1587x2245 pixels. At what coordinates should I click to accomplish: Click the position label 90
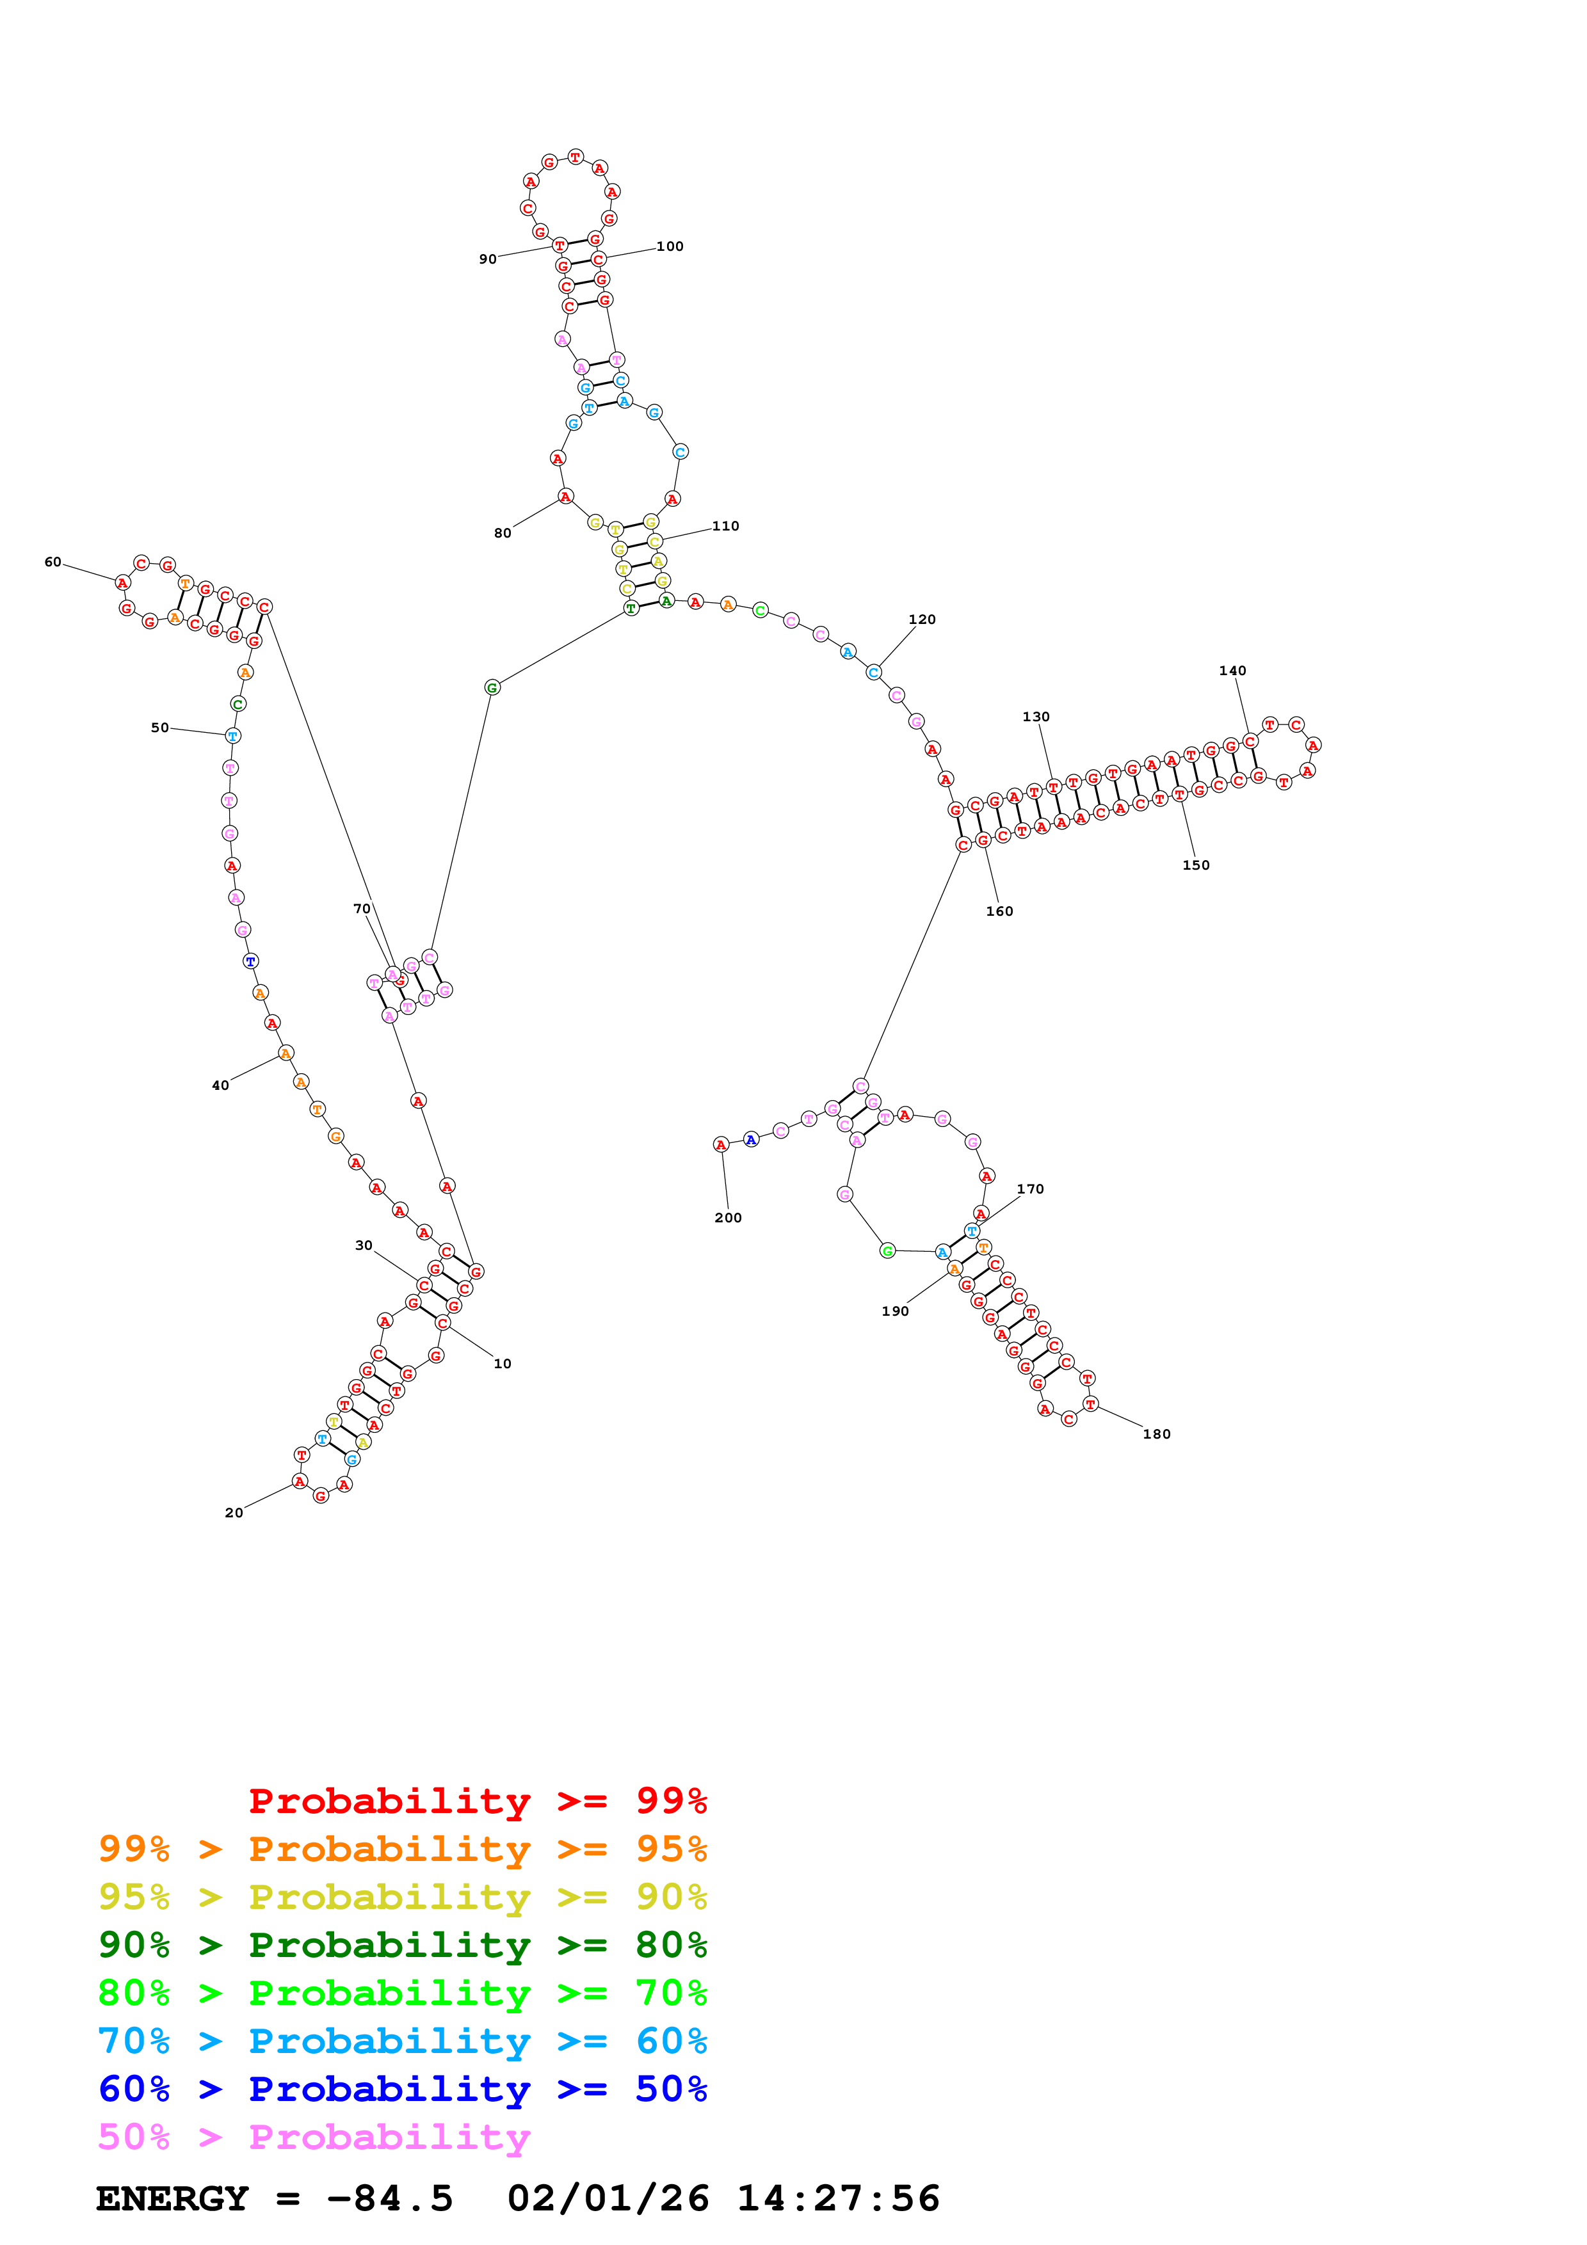tap(487, 259)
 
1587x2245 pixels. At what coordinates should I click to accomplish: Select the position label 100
tap(670, 246)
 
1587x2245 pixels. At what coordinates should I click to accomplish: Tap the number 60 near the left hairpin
tap(52, 563)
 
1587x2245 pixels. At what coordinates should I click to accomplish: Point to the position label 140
tap(1232, 671)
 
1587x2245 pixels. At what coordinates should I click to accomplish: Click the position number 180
tap(1157, 1434)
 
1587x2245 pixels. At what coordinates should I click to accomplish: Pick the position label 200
tap(727, 1218)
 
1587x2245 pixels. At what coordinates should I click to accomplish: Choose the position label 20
tap(234, 1513)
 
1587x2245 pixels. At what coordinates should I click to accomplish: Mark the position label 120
tap(922, 620)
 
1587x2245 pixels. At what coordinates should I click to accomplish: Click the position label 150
tap(1196, 865)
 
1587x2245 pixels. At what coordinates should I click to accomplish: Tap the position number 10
tap(503, 1364)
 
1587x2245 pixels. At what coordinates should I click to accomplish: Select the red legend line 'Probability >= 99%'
tap(477, 1801)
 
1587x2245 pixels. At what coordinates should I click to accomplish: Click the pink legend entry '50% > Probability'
tap(314, 2137)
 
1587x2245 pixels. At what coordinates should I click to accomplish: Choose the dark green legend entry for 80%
tap(402, 1945)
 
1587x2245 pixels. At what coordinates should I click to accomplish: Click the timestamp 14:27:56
tap(838, 2199)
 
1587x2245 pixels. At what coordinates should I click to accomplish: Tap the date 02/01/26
tap(608, 2199)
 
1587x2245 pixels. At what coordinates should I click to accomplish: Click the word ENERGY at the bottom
tap(172, 2199)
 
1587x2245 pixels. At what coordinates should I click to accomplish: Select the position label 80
tap(503, 534)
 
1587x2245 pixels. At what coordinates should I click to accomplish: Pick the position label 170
tap(1031, 1190)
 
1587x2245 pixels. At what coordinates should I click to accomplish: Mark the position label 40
tap(221, 1085)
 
